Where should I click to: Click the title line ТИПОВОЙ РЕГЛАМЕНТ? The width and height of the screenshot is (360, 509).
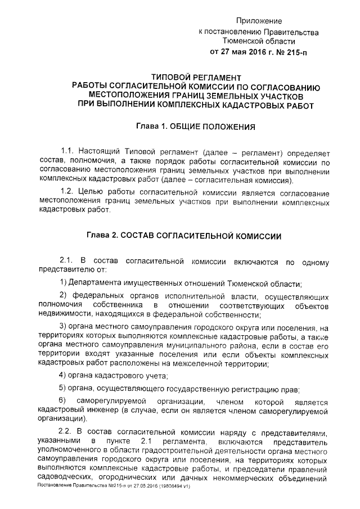(197, 77)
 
